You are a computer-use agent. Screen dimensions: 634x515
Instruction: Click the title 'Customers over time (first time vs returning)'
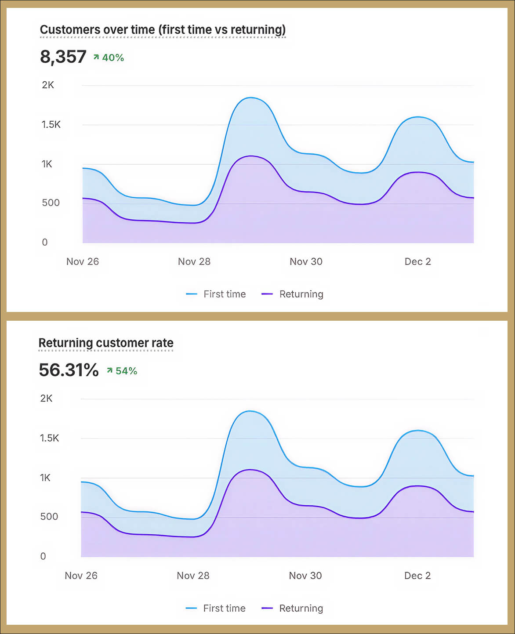163,30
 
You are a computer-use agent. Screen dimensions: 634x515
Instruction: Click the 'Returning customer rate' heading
106,343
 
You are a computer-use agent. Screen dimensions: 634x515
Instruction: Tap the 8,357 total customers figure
63,57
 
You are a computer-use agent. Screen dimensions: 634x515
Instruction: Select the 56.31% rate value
69,370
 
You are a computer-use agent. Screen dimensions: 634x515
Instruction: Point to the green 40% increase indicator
109,58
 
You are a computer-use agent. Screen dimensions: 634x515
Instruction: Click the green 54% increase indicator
123,371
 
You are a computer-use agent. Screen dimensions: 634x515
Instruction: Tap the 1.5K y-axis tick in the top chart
51,125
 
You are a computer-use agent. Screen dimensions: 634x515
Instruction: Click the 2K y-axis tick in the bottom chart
46,399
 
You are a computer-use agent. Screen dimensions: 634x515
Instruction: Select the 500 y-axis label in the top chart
51,203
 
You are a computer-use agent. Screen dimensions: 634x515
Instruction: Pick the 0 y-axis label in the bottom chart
43,556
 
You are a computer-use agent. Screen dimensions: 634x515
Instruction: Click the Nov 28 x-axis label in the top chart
194,262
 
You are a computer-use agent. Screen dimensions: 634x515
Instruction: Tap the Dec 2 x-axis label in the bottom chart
417,576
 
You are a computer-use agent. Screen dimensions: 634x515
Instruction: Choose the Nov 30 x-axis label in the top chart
306,262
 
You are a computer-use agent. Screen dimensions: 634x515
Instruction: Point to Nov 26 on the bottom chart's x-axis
81,576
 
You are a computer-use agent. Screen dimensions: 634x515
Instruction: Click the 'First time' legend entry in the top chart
216,294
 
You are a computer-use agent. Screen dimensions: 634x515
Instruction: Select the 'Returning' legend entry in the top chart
293,294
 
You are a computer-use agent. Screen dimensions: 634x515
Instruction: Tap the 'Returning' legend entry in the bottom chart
293,609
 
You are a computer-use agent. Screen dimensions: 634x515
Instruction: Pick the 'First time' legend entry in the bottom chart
216,609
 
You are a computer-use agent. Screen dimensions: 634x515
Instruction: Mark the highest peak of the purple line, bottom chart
250,470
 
